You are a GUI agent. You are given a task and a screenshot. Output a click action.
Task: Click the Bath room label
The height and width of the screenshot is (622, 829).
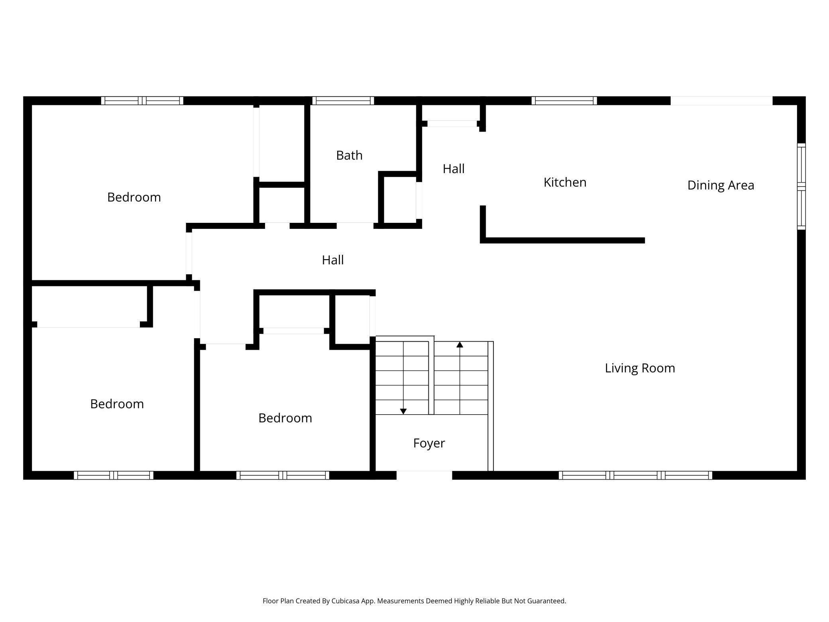pyautogui.click(x=349, y=155)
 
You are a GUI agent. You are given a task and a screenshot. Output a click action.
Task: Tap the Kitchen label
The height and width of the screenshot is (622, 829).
pyautogui.click(x=565, y=182)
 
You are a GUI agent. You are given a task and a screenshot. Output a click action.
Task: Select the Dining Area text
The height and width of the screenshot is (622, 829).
pyautogui.click(x=721, y=185)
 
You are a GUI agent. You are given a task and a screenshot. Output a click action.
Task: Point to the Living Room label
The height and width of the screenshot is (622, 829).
pyautogui.click(x=640, y=368)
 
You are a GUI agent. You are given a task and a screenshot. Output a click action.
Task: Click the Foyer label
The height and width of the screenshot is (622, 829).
pyautogui.click(x=429, y=443)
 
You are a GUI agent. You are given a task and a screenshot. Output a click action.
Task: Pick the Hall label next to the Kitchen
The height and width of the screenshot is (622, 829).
pyautogui.click(x=454, y=169)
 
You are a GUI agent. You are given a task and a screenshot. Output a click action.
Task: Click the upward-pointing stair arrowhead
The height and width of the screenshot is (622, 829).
pyautogui.click(x=460, y=344)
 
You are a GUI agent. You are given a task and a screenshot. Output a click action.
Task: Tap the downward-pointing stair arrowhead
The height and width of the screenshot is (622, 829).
pyautogui.click(x=403, y=411)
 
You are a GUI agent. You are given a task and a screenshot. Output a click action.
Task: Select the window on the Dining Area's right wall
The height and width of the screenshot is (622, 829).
pyautogui.click(x=801, y=186)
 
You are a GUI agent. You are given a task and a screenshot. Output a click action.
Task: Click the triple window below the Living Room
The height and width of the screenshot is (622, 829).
pyautogui.click(x=635, y=475)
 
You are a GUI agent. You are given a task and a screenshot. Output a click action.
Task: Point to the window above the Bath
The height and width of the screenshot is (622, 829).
pyautogui.click(x=343, y=100)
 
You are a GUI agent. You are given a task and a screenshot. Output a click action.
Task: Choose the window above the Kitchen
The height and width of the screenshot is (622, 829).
pyautogui.click(x=564, y=100)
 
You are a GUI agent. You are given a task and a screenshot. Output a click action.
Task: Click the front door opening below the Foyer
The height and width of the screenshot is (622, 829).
pyautogui.click(x=424, y=475)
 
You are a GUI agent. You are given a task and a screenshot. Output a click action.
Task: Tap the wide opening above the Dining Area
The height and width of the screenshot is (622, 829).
pyautogui.click(x=721, y=100)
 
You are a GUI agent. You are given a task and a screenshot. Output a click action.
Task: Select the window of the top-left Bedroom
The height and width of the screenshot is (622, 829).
pyautogui.click(x=142, y=100)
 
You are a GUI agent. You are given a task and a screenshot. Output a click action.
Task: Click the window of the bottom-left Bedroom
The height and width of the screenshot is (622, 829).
pyautogui.click(x=114, y=475)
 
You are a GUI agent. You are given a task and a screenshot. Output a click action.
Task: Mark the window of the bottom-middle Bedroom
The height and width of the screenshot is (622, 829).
pyautogui.click(x=283, y=475)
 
